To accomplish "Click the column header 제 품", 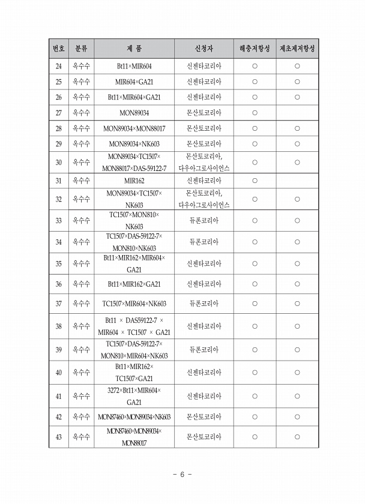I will (x=134, y=48).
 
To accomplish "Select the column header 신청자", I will (x=204, y=48).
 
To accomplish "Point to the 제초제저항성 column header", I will (x=297, y=48).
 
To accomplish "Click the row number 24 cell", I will (x=58, y=66).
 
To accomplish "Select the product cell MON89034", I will (x=134, y=112).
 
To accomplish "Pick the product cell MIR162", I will (x=134, y=180).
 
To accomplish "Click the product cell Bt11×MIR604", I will (x=134, y=66).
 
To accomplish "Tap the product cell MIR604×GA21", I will (x=134, y=82).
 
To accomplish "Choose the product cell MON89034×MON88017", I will (x=134, y=128).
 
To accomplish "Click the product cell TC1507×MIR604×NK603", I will (x=134, y=304).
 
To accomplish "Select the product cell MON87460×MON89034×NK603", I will (x=134, y=416).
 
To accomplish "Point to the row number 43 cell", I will (x=58, y=437).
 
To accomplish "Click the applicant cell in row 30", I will (x=204, y=162).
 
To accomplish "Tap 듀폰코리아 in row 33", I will (x=204, y=220).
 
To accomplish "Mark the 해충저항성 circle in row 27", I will (x=255, y=112).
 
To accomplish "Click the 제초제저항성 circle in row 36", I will (x=297, y=284).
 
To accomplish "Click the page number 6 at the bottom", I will (x=182, y=474).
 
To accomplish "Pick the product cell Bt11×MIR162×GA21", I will (x=134, y=284).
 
